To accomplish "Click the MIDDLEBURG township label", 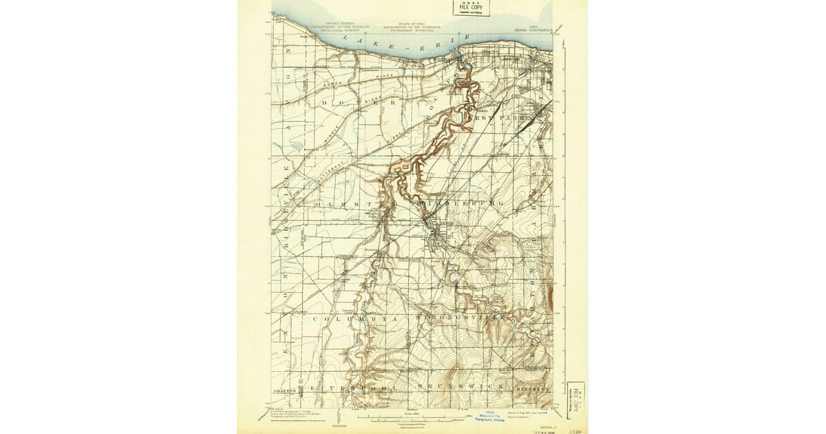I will pyautogui.click(x=457, y=205).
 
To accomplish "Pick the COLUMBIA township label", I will pyautogui.click(x=356, y=320).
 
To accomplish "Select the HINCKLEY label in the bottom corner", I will pyautogui.click(x=533, y=389).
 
